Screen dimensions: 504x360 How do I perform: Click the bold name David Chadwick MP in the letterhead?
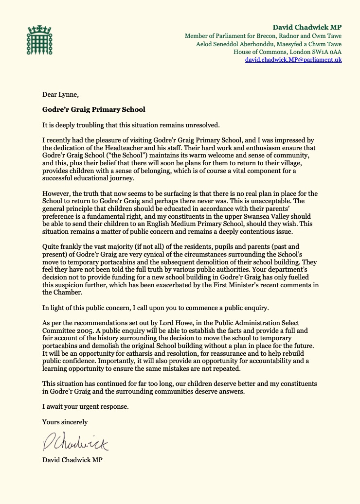307,27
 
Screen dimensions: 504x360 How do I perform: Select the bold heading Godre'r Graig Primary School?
93,109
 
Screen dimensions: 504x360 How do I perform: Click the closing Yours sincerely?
65,422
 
